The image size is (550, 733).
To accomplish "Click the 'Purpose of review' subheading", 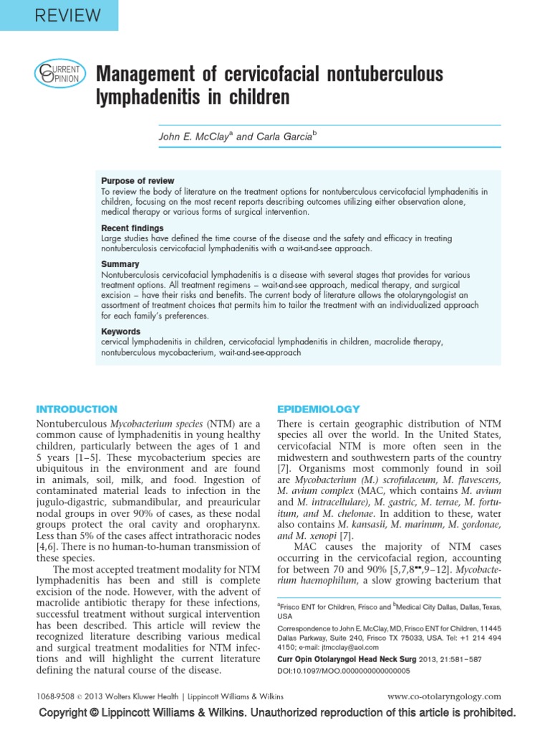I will [137, 181].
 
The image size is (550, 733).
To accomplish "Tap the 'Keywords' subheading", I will [120, 331].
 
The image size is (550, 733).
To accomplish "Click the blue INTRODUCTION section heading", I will [77, 409].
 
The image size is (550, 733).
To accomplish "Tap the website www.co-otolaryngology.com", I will [444, 696].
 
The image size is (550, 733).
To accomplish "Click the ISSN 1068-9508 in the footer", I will [57, 696].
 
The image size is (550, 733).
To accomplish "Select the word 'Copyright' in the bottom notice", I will [70, 713].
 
